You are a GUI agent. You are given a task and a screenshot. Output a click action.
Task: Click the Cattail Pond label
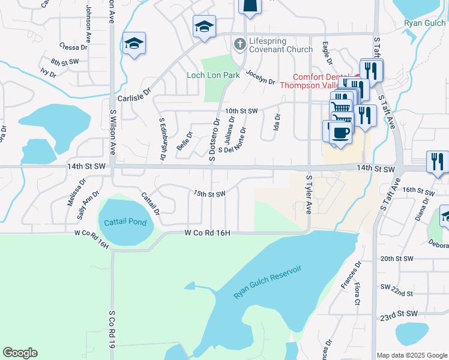pyautogui.click(x=125, y=222)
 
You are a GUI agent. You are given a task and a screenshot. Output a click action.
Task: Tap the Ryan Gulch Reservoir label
pyautogui.click(x=267, y=283)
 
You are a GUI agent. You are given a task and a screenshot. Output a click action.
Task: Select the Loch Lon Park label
pyautogui.click(x=213, y=75)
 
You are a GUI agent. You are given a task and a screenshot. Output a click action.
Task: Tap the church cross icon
pyautogui.click(x=239, y=43)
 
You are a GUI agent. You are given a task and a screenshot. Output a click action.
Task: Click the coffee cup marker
pyautogui.click(x=340, y=133)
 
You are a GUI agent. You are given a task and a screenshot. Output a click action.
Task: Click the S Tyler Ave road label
pyautogui.click(x=309, y=195)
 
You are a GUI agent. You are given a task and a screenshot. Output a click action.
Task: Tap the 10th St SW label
pyautogui.click(x=241, y=111)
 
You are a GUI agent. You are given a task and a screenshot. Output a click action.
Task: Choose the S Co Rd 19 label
pyautogui.click(x=112, y=329)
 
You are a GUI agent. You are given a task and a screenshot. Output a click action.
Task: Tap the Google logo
pyautogui.click(x=20, y=353)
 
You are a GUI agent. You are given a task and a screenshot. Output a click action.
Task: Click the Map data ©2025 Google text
pyautogui.click(x=412, y=355)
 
